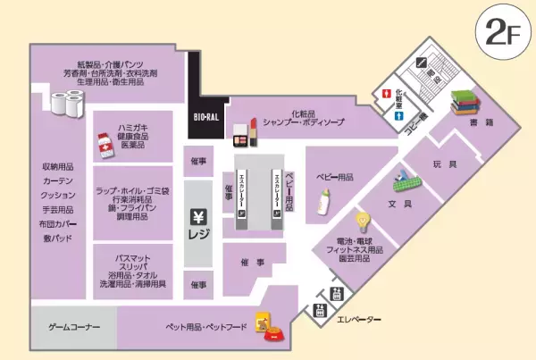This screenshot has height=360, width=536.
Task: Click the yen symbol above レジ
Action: pyautogui.click(x=198, y=216)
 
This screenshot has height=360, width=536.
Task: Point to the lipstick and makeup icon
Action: pyautogui.click(x=245, y=131)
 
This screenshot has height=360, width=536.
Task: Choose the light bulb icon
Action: pyautogui.click(x=363, y=220)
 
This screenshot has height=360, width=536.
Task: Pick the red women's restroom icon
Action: pyautogui.click(x=386, y=93)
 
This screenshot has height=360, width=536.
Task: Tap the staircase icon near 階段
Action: pyautogui.click(x=423, y=63)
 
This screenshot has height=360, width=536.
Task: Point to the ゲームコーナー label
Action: pyautogui.click(x=73, y=328)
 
